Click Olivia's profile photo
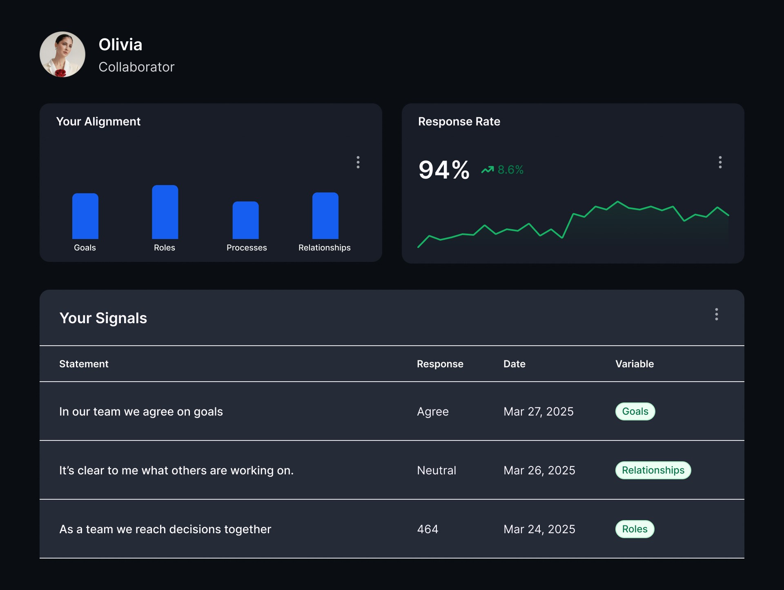[x=62, y=54]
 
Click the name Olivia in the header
[x=120, y=45]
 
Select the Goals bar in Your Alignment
[x=85, y=216]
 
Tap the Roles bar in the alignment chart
[x=165, y=212]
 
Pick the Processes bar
[x=245, y=220]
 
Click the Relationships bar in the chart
[x=325, y=216]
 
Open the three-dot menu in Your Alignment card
[x=358, y=162]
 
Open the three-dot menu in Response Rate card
[x=720, y=162]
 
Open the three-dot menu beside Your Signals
[x=717, y=314]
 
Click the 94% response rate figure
[x=444, y=170]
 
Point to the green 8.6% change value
[x=510, y=170]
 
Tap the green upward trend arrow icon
[x=488, y=170]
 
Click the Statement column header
[x=84, y=364]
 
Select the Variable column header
[x=635, y=364]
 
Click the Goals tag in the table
[x=635, y=411]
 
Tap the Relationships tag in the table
[x=653, y=470]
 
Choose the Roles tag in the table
[x=635, y=529]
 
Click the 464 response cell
[x=428, y=529]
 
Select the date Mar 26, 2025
[x=539, y=470]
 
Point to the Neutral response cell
[x=437, y=470]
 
